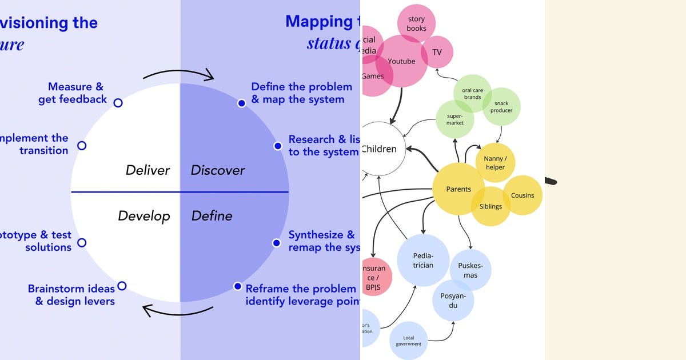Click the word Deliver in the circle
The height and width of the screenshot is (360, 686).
pos(147,170)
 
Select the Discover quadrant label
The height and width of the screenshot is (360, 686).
pos(217,170)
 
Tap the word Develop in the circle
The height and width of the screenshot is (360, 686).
pos(144,216)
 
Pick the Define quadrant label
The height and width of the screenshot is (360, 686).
pos(212,216)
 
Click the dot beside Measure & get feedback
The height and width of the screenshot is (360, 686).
pos(118,103)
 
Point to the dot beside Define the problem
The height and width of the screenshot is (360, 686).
pos(241,103)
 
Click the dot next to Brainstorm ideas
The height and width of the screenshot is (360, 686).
pos(122,286)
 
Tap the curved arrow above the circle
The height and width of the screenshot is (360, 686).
pos(178,71)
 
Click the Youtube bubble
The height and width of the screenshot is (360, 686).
pos(401,62)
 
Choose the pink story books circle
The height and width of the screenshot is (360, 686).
pos(416,23)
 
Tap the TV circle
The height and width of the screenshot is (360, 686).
pos(437,53)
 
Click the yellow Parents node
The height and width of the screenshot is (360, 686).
pos(458,189)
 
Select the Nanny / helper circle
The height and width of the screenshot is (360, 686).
pos(495,163)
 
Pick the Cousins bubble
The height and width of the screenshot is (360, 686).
pos(523,195)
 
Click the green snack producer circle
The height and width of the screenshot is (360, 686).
pos(501,107)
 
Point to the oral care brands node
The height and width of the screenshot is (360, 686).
pos(472,93)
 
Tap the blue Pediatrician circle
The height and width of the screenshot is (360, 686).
pos(423,261)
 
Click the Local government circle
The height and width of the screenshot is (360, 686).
pos(409,341)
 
